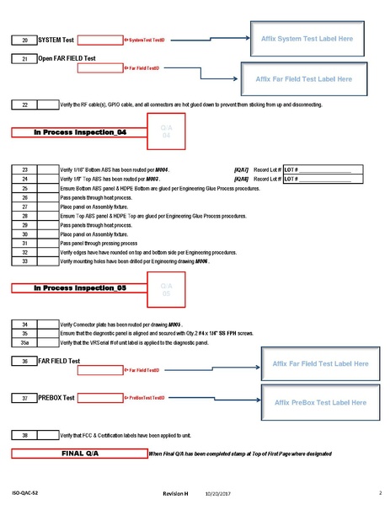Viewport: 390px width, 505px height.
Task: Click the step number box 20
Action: [x=24, y=40]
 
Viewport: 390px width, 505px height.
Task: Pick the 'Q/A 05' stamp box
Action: [x=166, y=289]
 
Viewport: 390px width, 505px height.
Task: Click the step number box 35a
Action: [x=24, y=342]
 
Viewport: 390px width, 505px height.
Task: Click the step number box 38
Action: [x=24, y=434]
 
